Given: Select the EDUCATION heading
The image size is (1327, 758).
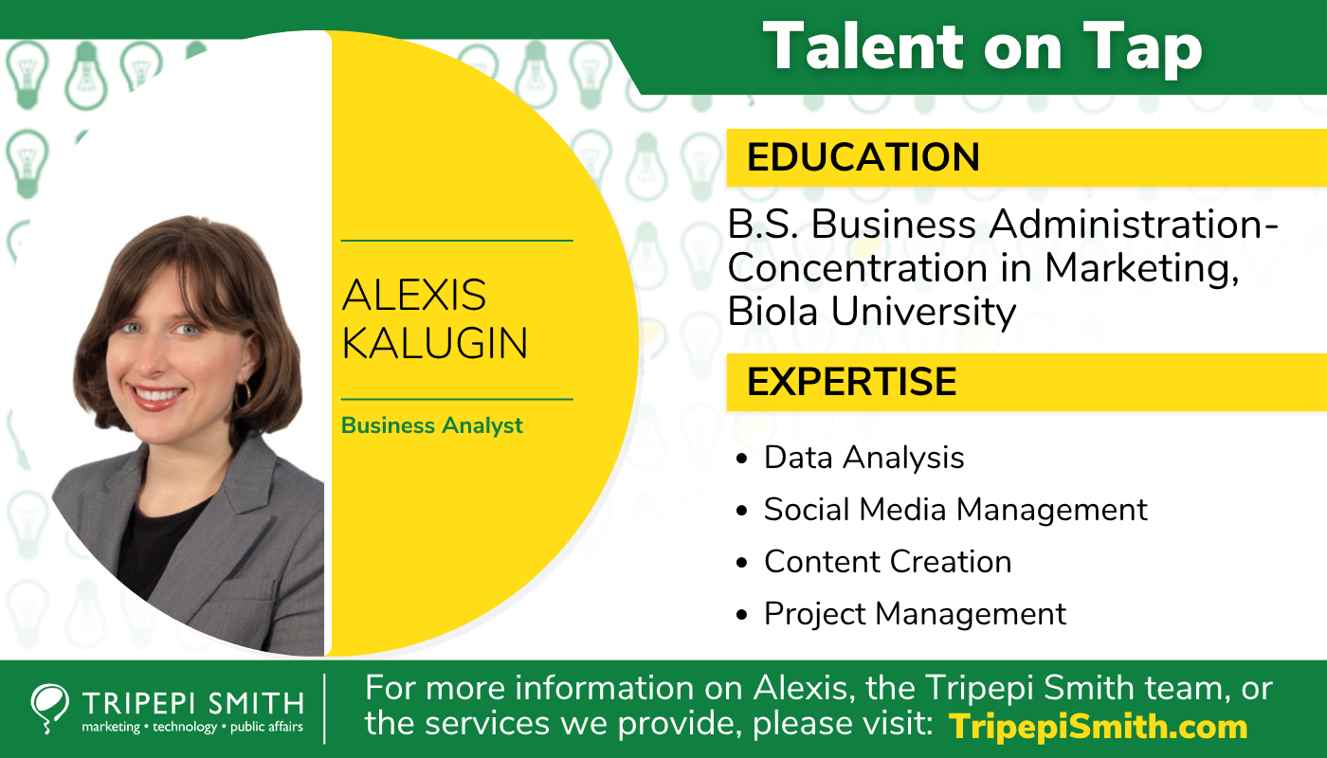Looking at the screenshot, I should coord(863,157).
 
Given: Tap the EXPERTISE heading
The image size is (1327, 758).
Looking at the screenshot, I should coord(851,381).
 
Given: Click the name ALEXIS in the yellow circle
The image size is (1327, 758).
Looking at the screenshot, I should coord(413,296).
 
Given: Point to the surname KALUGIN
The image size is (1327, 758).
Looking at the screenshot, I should coord(434,343).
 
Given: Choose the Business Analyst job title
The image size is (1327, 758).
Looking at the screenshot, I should coord(431,425).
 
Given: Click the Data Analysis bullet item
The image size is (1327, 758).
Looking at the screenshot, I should coord(863,458).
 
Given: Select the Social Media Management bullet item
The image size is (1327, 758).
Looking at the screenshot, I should coord(955,510).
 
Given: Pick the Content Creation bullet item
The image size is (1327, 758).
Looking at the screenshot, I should coord(887,562).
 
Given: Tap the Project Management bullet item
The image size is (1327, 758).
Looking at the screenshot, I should coord(915,614).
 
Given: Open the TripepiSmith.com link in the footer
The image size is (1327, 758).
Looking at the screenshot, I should coord(1098,727).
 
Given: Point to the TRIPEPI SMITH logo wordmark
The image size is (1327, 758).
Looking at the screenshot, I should coord(192,703).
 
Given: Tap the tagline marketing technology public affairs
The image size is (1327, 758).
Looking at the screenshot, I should coord(192,728).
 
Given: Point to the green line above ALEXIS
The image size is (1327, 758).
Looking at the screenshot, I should coord(457,241).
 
